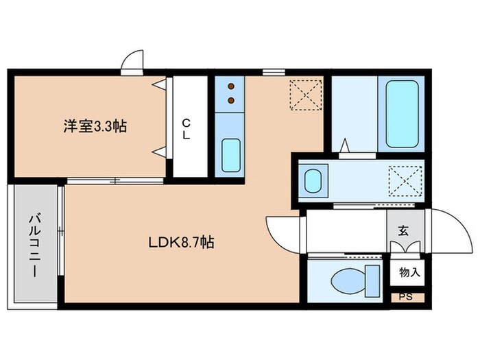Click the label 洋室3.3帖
point(94,127)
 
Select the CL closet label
point(186,128)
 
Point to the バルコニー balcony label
point(33,245)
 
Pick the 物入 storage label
point(409,273)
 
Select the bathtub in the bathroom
point(402,114)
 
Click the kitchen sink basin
point(231,155)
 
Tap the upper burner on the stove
point(231,87)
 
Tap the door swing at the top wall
point(130,62)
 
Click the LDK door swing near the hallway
point(281,233)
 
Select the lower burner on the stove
point(231,101)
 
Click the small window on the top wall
point(272,71)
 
